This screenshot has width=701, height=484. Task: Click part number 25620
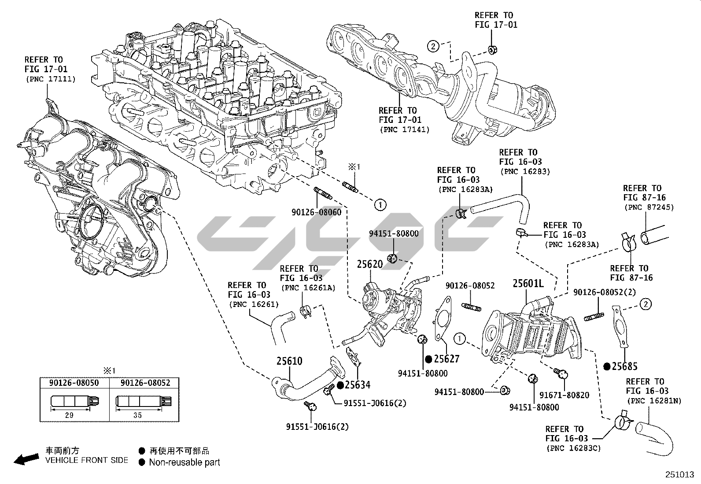369,264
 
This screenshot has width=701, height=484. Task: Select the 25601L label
528,284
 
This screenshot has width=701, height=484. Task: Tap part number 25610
289,361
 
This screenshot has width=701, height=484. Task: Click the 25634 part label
357,385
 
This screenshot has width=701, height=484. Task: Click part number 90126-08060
316,212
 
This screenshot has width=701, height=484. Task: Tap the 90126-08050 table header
74,383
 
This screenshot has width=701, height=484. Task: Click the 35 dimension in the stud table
137,415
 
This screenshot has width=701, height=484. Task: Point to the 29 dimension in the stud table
69,415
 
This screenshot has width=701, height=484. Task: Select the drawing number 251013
679,475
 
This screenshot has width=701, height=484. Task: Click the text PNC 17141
404,129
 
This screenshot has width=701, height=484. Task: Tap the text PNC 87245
649,207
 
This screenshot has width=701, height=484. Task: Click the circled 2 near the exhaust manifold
433,45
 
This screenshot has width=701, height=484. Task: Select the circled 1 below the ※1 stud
380,204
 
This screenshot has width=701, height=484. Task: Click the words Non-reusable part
184,462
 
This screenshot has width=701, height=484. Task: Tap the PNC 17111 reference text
50,79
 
